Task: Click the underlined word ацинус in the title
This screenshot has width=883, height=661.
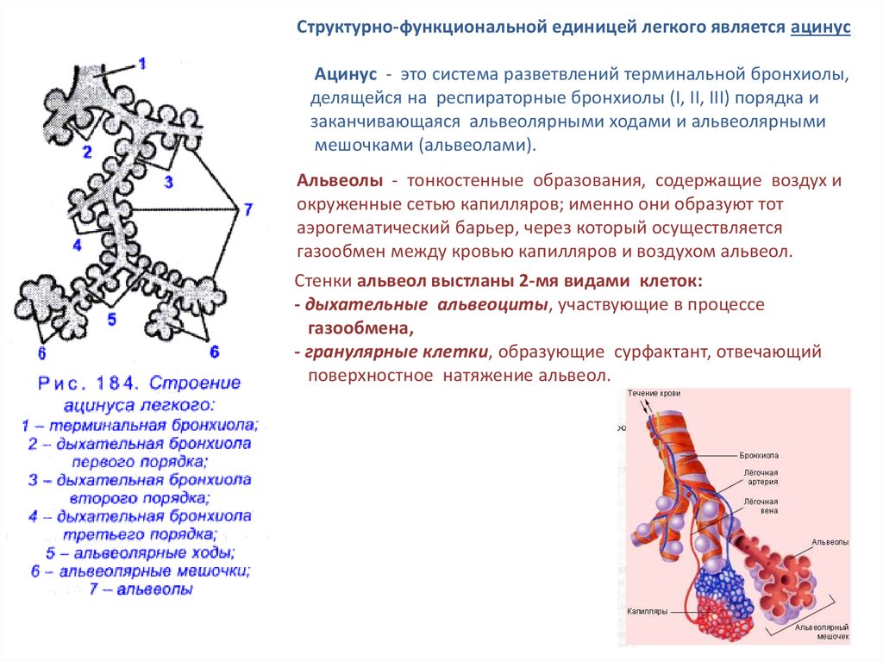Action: [x=820, y=28]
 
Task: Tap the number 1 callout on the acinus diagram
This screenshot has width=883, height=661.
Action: [x=142, y=63]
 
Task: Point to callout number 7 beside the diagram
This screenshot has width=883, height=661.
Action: [x=247, y=209]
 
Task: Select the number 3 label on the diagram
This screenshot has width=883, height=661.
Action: [x=168, y=181]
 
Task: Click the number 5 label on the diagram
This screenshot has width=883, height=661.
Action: [x=111, y=319]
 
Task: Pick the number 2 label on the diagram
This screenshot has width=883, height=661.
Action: [x=86, y=153]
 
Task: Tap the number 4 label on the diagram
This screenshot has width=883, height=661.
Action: [x=77, y=245]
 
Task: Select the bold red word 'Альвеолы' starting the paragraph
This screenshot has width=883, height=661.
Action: [x=340, y=181]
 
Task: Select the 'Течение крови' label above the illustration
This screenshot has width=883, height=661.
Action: [x=654, y=393]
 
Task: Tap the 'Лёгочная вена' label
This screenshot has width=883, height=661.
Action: [x=761, y=507]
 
